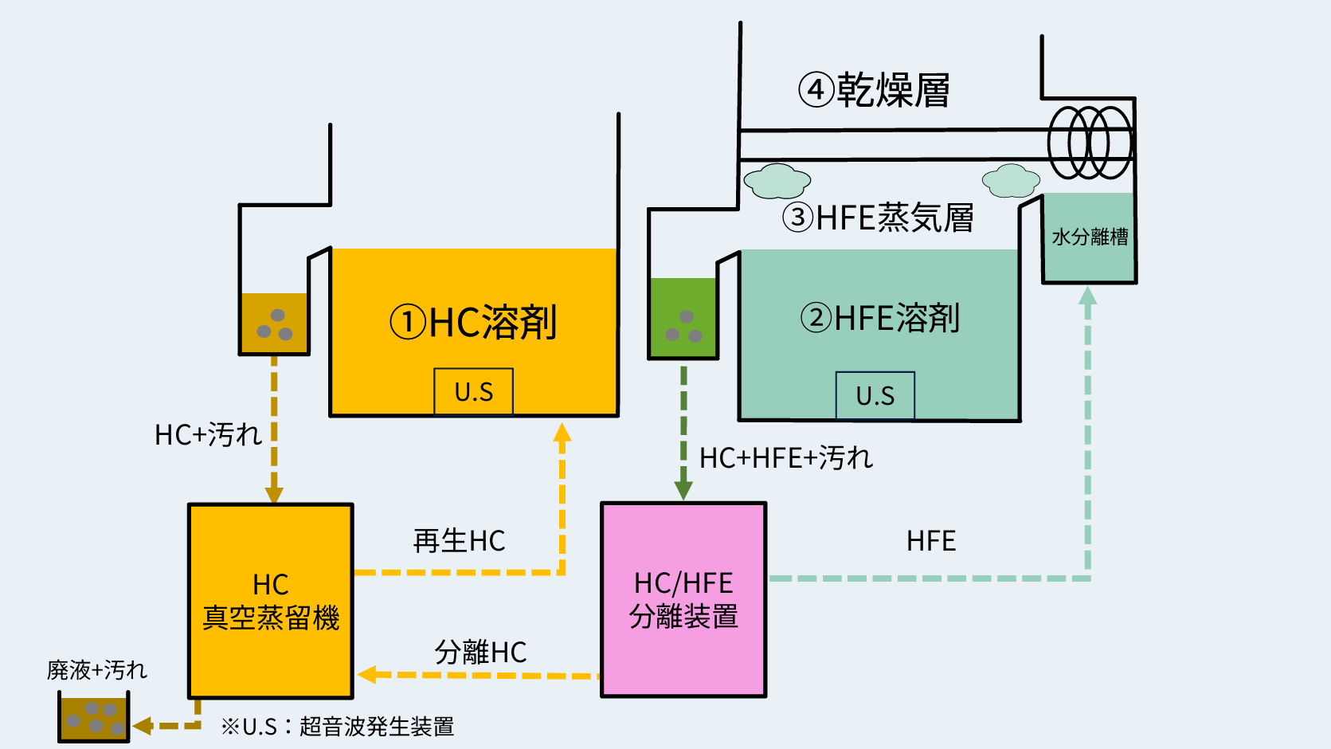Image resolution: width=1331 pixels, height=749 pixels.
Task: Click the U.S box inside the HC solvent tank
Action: pos(473,391)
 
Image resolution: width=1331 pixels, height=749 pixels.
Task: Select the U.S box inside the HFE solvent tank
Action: pos(875,395)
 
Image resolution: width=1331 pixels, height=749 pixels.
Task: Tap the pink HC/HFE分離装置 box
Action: pos(683,599)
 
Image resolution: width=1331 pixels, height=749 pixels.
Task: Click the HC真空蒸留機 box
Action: pos(271,601)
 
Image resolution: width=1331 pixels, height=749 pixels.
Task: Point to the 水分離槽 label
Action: pos(1090,237)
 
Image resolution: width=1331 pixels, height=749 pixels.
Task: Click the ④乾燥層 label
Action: pos(874,90)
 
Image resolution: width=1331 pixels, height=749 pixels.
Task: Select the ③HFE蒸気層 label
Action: pos(878,218)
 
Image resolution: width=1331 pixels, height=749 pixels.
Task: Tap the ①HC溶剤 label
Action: pos(473,323)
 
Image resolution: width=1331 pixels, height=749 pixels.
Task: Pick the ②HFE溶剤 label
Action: pos(879,318)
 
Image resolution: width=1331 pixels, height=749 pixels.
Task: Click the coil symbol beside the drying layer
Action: pos(1089,143)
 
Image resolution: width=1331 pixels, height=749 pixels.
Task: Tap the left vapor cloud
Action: pos(777,181)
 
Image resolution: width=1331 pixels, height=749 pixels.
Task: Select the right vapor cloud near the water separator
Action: pos(1011,181)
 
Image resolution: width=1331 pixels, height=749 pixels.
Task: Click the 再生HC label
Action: pos(459,541)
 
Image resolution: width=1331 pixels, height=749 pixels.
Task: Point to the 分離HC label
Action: pos(480,653)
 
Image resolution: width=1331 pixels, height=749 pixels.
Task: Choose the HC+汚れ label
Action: pos(208,435)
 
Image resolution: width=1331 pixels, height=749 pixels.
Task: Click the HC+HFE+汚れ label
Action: pos(785,458)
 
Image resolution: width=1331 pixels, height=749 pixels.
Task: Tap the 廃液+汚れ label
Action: pos(97,670)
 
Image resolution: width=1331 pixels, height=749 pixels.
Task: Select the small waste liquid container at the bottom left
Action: pos(94,717)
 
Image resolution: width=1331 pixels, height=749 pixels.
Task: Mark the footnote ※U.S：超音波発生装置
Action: pos(337,727)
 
